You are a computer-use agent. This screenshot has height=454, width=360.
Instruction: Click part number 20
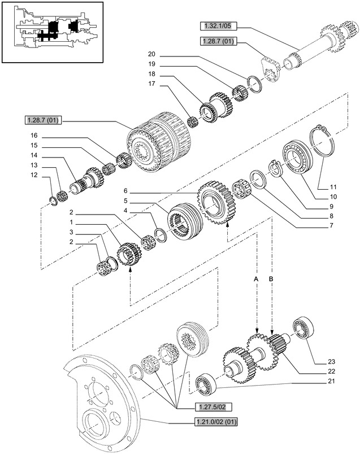point(151,54)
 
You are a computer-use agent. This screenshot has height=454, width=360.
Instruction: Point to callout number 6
point(126,191)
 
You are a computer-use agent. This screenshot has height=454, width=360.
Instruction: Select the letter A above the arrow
point(256,280)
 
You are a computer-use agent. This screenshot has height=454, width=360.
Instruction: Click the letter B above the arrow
point(271,280)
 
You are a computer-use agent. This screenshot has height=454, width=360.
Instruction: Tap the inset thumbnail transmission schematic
point(53,32)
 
